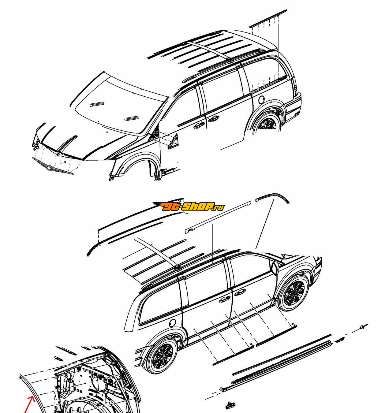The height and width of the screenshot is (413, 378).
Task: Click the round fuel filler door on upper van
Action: point(262,99)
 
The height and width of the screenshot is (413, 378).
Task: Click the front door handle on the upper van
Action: point(199,126)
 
